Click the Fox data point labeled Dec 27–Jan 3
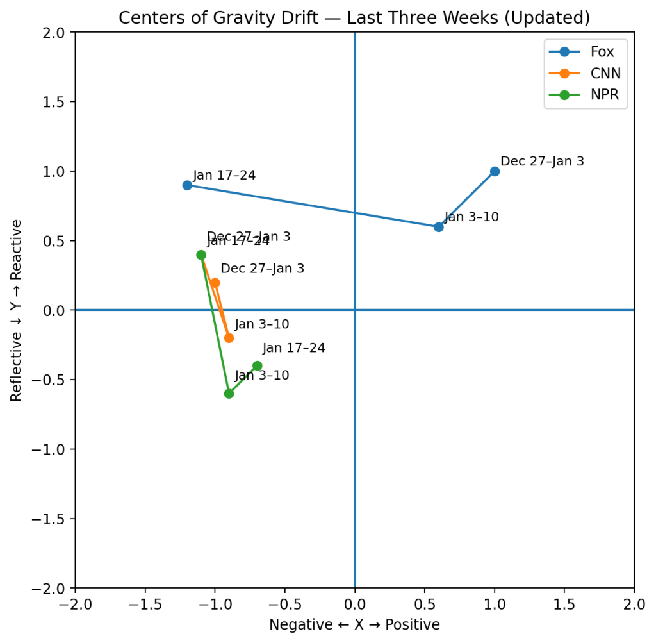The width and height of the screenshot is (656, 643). tap(495, 171)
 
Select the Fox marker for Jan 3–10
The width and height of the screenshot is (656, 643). tap(439, 227)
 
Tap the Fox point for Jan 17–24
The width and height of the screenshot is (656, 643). tap(187, 185)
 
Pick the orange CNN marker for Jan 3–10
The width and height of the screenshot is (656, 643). tap(229, 338)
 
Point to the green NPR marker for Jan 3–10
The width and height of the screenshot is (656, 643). tap(229, 394)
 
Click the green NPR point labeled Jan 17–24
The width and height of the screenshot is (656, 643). tap(257, 365)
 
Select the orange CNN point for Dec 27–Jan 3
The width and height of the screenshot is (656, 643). tap(215, 283)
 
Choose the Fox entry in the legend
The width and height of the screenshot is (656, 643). tap(602, 53)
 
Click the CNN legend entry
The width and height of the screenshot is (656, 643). tap(605, 74)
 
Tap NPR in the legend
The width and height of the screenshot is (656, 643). tap(605, 96)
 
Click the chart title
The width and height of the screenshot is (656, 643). tap(354, 18)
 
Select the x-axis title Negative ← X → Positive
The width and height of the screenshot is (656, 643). tap(354, 625)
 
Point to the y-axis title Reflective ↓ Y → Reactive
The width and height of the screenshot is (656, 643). tap(17, 310)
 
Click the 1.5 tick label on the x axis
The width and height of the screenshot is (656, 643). tap(564, 605)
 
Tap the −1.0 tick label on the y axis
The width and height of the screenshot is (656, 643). tap(50, 449)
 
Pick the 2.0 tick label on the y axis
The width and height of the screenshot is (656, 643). tap(55, 33)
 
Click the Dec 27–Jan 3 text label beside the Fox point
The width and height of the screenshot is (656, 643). tap(542, 162)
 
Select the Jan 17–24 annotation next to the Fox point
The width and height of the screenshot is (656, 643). tap(224, 175)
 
